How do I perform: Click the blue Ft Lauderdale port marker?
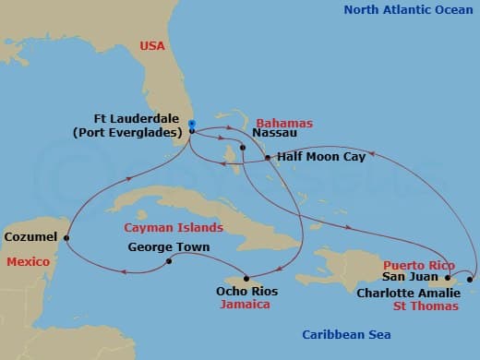coord(191,124)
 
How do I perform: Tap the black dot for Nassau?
coord(242,148)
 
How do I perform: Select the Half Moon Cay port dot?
coord(267,158)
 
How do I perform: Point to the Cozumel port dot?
coord(66,239)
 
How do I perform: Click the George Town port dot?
coord(169,261)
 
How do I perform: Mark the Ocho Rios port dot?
coord(247,278)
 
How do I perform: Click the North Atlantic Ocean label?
coord(409,10)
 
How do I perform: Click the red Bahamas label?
coord(283,123)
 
